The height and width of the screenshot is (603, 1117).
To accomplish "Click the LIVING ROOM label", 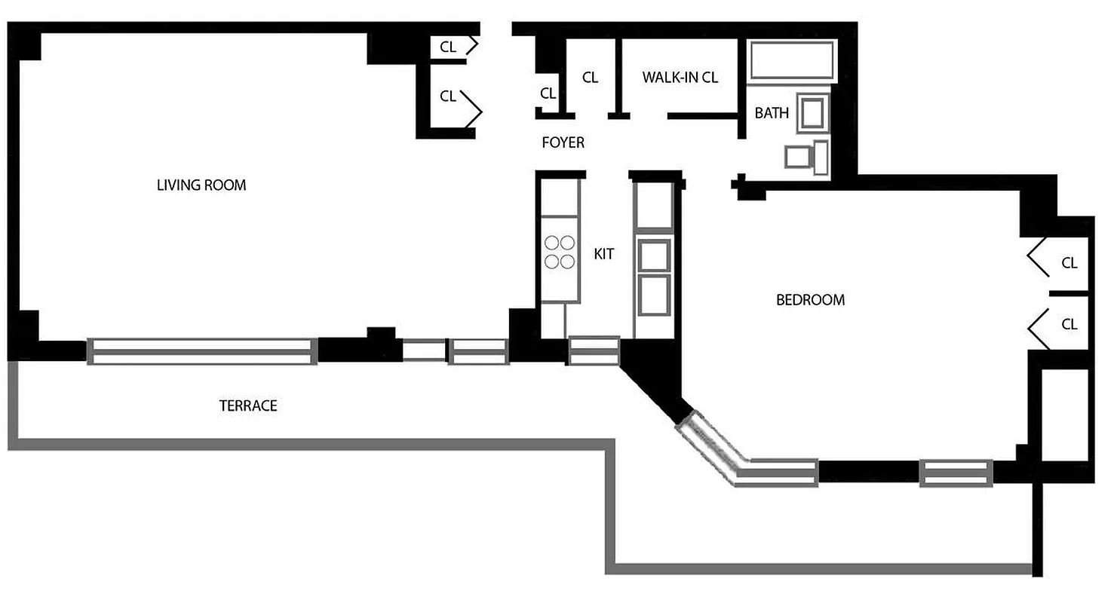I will (x=201, y=185).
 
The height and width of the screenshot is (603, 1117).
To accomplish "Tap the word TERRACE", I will (x=248, y=406).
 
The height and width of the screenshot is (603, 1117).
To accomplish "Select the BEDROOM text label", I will (x=810, y=300).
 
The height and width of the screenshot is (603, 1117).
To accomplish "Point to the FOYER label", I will (x=563, y=142).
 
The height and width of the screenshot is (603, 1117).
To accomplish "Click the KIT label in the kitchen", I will (x=603, y=254).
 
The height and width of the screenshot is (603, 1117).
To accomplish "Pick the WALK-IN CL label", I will (x=680, y=77).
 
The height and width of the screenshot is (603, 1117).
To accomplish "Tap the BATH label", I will (x=772, y=113).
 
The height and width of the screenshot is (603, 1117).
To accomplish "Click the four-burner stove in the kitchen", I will (x=560, y=252).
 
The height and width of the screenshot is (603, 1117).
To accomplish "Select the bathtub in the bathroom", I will (x=791, y=60).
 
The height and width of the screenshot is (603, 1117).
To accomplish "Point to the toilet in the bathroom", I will (x=807, y=157).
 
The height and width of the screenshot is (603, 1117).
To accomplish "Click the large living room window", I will (x=201, y=352).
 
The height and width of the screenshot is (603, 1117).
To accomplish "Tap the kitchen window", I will (x=593, y=351).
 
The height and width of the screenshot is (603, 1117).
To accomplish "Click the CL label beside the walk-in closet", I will (x=590, y=77).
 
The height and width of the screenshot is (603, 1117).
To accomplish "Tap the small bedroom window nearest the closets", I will (x=955, y=473).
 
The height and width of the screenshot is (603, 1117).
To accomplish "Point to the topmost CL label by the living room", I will (x=448, y=47).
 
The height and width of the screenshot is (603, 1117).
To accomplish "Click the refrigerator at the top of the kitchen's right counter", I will (x=653, y=205).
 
